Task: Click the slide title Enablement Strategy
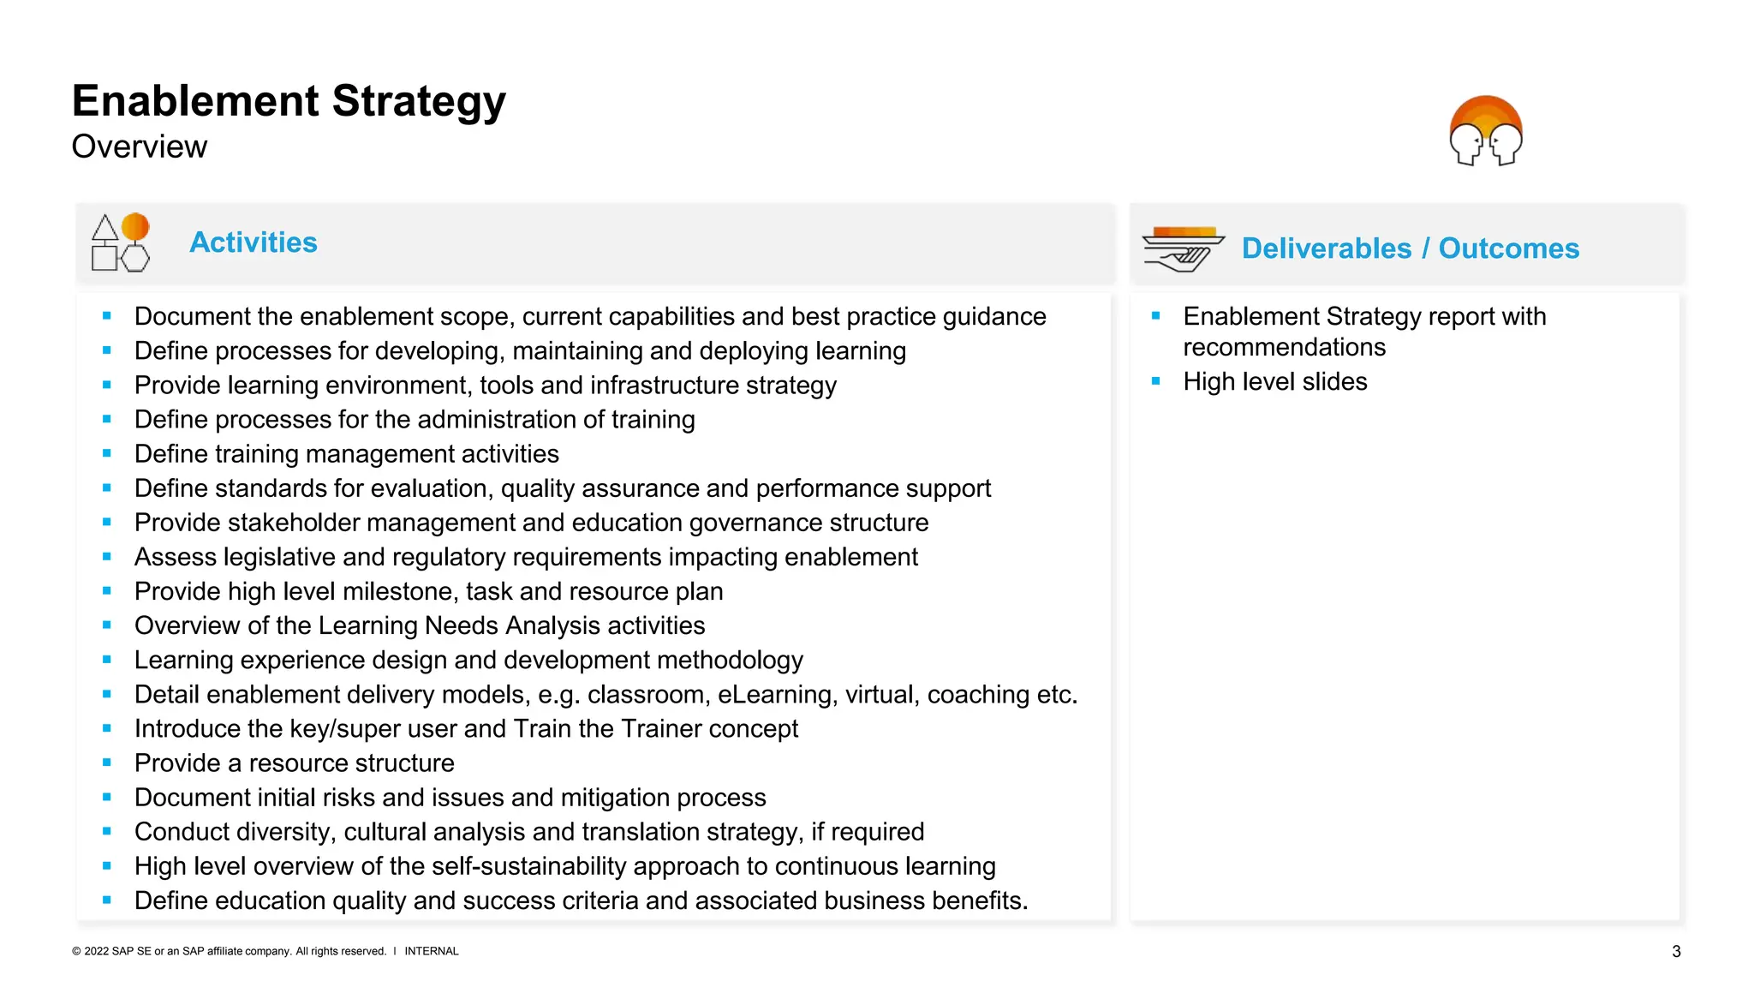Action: coord(289,101)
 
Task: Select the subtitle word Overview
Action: coord(139,147)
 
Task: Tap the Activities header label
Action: coord(253,242)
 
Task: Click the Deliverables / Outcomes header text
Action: coord(1410,248)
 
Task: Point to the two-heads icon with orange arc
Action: coord(1485,131)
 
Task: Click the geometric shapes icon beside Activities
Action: coord(120,242)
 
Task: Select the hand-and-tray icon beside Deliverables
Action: coord(1182,248)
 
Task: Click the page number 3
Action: coord(1676,952)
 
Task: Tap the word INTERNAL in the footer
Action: coord(431,951)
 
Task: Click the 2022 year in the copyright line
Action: coord(96,951)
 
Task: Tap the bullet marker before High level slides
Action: coord(1155,381)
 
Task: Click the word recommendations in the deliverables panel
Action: coord(1284,348)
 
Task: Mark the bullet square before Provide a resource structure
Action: coord(107,763)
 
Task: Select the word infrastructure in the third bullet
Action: coord(651,386)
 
